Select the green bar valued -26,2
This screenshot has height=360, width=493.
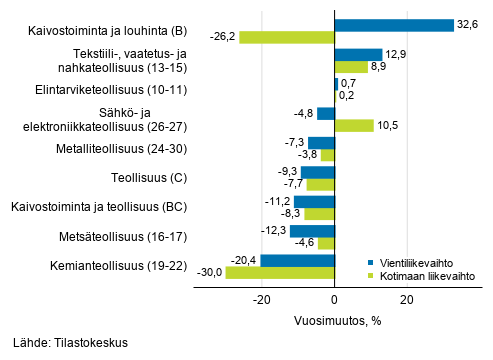pos(286,37)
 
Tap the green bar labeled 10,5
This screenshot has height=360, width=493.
pos(353,126)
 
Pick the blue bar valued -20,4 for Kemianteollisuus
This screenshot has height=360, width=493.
pos(297,260)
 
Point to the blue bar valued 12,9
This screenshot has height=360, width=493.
pos(357,54)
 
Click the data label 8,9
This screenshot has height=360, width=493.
pos(379,66)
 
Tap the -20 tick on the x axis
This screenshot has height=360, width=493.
pos(261,299)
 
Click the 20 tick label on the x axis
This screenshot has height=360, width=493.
pos(407,299)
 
